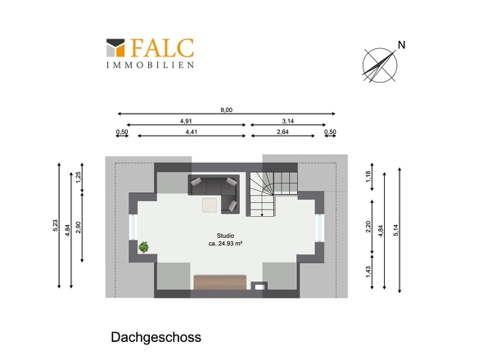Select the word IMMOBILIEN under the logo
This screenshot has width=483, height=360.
pos(150,64)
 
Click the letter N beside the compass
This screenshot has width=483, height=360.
pos(400,45)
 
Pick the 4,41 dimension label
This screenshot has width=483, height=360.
pos(192,132)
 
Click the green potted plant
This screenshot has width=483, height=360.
pos(144,245)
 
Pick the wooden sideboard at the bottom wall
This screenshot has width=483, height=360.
pos(220,283)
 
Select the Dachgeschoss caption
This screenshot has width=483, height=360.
pos(156,336)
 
